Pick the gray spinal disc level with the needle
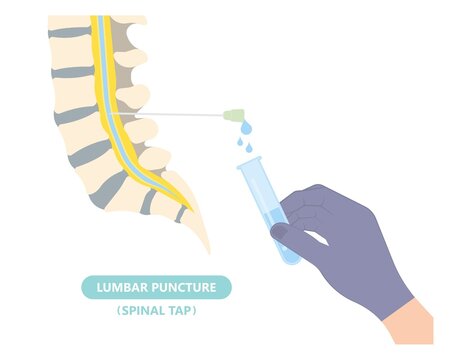coord(76,115)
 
